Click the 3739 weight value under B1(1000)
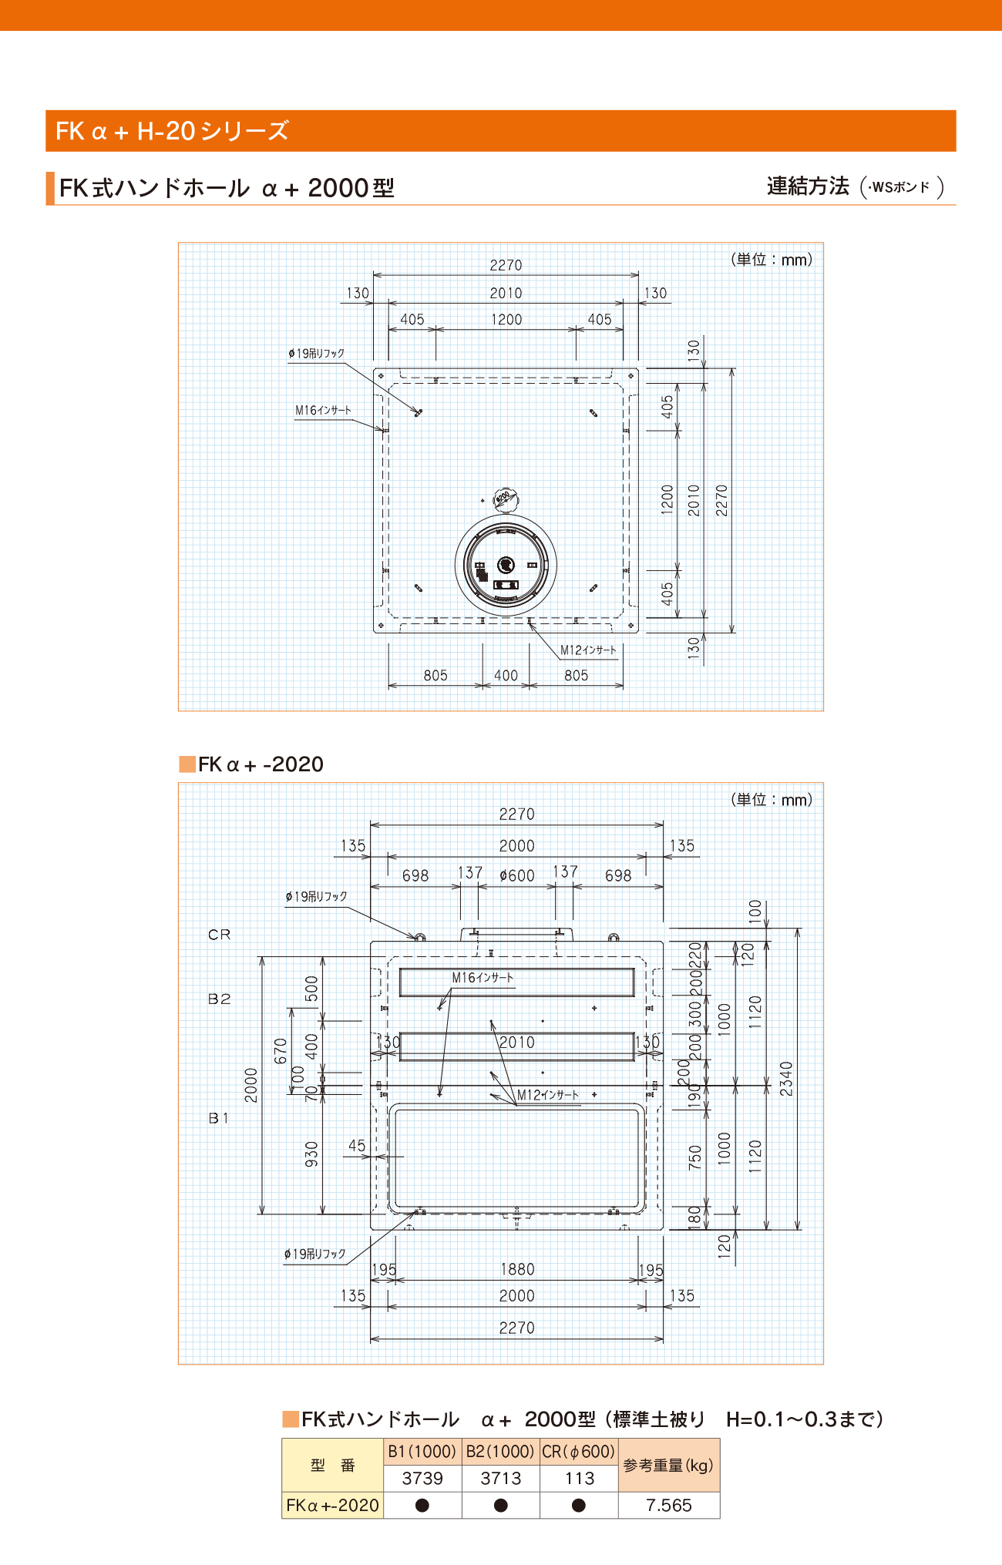pos(422,1478)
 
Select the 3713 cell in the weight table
pos(501,1478)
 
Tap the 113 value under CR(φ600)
pos(580,1478)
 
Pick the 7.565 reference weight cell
pos(669,1505)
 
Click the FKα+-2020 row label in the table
pos(333,1505)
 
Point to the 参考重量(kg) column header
pos(669,1465)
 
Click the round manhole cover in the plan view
pos(506,565)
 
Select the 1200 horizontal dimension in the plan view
pos(506,320)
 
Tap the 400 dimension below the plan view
pos(506,676)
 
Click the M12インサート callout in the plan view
pos(588,650)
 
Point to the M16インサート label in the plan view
pos(323,411)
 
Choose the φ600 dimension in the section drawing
pos(516,876)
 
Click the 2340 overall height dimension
pos(786,1079)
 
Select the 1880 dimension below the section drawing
pos(517,1269)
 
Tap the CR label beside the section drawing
pos(220,935)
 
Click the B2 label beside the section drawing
pos(220,999)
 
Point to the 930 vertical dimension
pos(311,1154)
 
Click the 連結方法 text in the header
pos(808,186)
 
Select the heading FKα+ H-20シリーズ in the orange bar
pos(172,131)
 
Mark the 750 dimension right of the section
pos(695,1157)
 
